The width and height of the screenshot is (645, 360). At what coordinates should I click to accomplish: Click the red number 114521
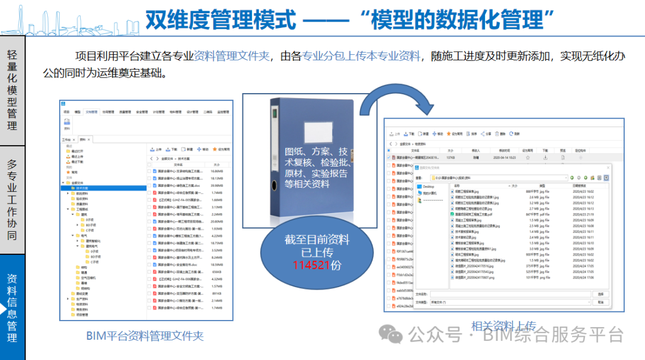pos(311,264)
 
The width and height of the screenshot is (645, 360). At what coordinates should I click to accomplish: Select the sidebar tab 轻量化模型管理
pos(12,90)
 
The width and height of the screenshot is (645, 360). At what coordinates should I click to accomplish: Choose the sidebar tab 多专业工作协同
pos(12,199)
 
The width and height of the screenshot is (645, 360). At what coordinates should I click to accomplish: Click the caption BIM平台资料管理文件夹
pos(145,336)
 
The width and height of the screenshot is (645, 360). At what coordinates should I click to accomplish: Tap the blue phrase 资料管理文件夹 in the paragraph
pos(232,57)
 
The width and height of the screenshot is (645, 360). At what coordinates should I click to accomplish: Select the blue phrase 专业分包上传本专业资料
pos(361,57)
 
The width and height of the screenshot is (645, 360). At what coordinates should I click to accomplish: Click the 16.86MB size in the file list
pos(217,171)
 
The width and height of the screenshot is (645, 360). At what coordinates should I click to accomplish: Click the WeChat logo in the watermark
pos(392,334)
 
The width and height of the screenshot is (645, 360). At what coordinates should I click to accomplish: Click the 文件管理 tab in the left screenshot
pos(91,112)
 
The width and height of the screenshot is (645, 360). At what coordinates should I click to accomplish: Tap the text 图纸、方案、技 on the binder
pos(315,152)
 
